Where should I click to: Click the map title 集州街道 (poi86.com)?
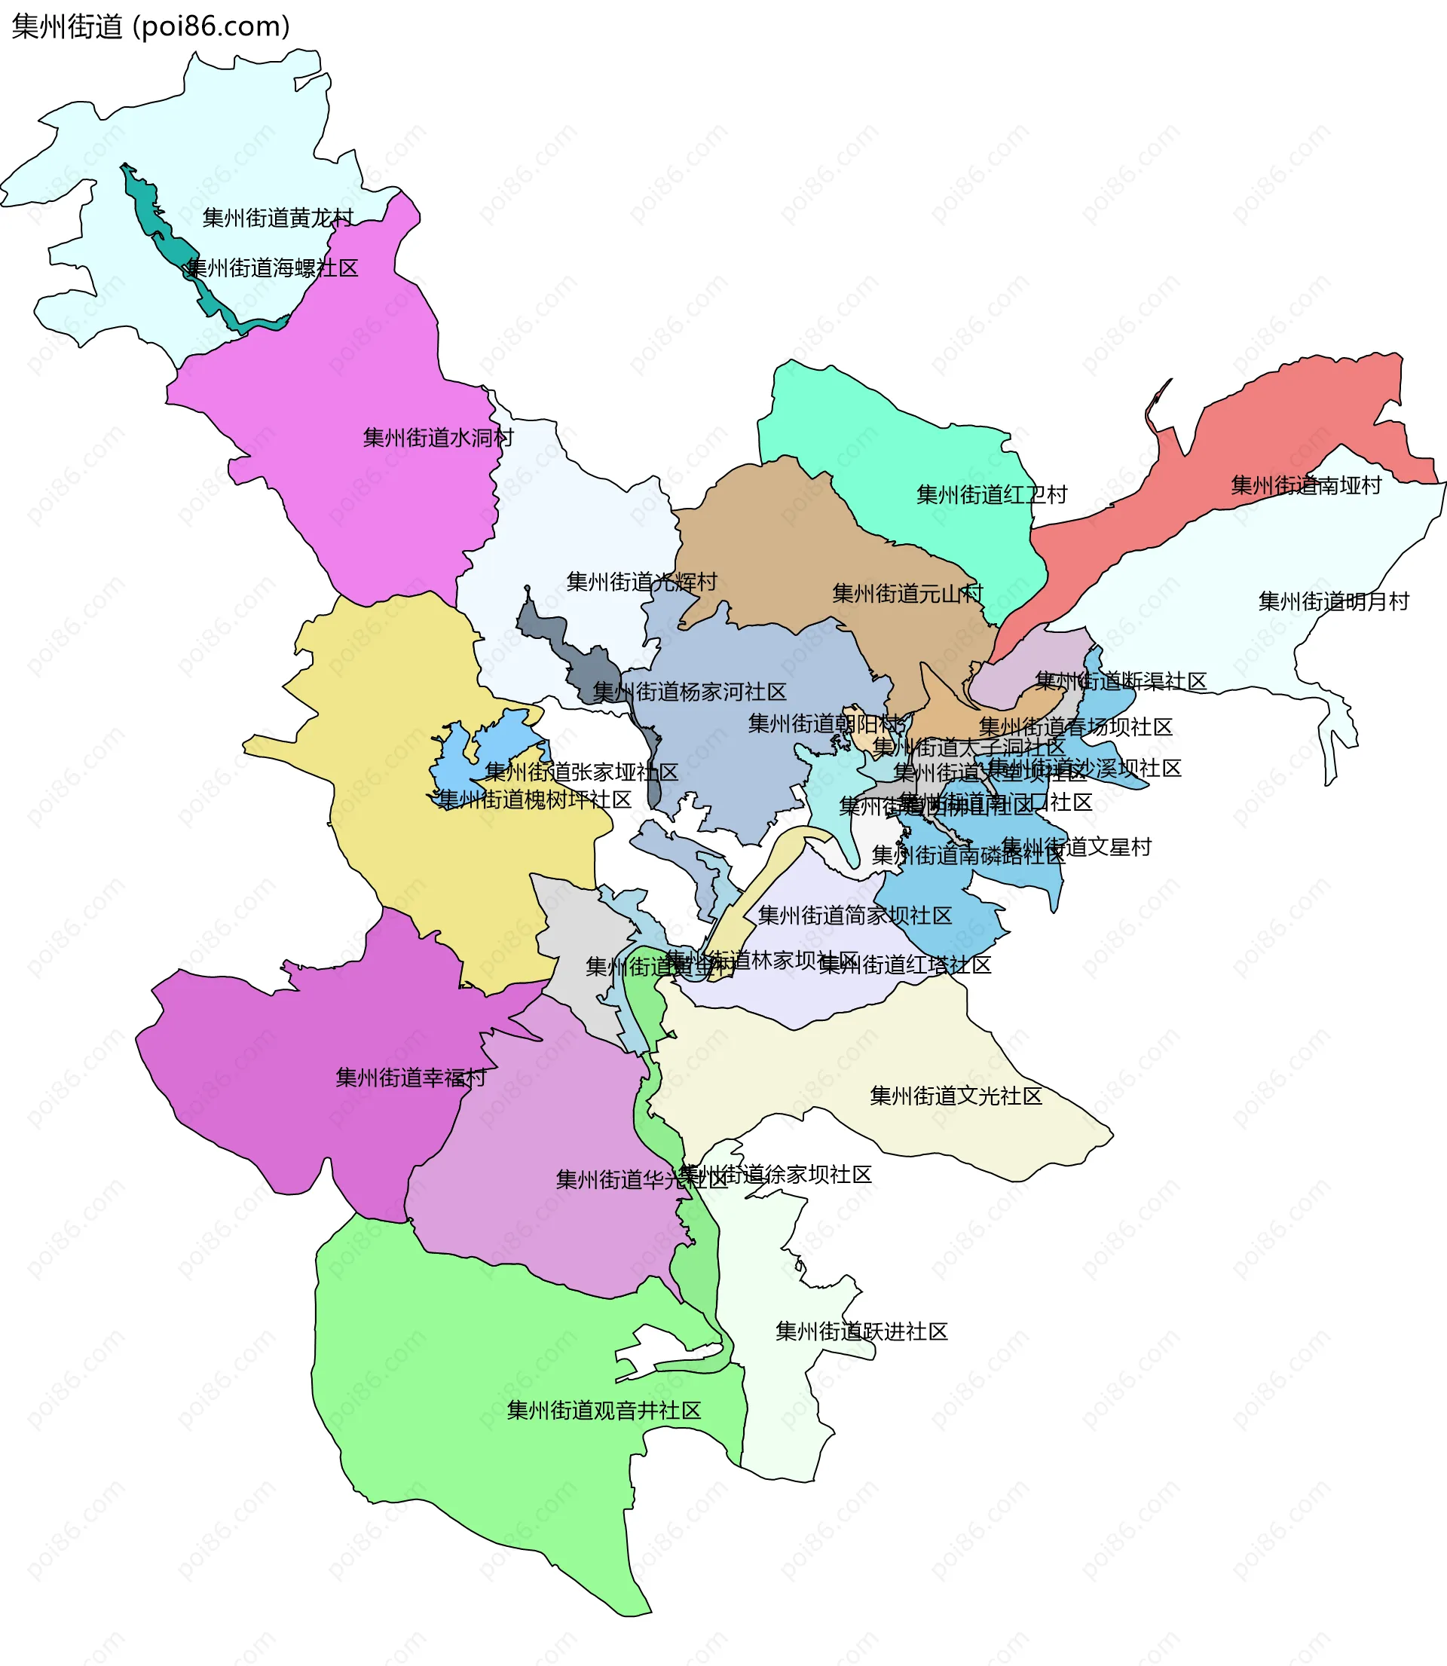tap(151, 26)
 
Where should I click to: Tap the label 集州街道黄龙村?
tap(278, 218)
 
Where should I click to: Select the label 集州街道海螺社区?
tap(272, 268)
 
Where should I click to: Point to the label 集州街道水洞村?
tap(439, 438)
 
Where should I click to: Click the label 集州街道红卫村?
tap(992, 494)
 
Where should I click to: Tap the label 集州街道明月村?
tap(1333, 601)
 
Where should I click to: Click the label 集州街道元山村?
tap(907, 593)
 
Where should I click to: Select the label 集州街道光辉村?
tap(642, 581)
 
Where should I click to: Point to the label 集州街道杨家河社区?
tap(690, 692)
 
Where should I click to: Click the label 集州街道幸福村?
tap(411, 1078)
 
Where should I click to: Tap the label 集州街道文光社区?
tap(956, 1096)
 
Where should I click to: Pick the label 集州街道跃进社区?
tap(861, 1332)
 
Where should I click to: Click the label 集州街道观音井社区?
tap(604, 1410)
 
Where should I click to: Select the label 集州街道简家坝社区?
tap(855, 916)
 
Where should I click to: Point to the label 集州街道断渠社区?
tap(1121, 680)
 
